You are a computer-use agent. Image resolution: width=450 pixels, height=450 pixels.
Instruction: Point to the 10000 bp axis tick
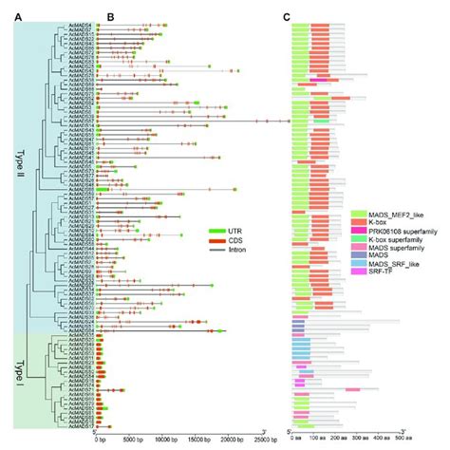click(x=167, y=440)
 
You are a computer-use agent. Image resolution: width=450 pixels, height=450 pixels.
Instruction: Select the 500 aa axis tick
click(x=402, y=440)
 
